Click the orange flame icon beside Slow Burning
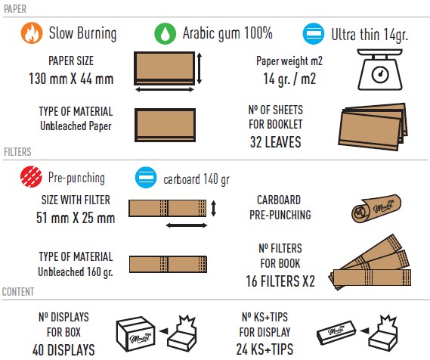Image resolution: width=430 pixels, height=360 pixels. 32,33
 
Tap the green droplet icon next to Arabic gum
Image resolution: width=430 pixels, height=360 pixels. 165,33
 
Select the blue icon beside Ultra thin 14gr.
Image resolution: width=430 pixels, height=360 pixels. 314,34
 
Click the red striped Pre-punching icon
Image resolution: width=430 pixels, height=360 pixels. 31,177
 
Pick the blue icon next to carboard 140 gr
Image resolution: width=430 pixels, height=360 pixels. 146,177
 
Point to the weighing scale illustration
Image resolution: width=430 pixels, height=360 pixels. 380,70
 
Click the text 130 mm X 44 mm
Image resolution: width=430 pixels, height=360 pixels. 71,79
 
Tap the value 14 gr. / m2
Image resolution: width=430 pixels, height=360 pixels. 289,79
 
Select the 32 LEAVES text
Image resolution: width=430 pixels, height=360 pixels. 276,142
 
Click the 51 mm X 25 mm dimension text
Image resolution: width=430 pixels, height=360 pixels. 76,218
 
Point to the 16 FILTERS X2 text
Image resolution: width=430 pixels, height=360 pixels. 280,281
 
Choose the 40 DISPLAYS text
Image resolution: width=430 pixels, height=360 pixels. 63,350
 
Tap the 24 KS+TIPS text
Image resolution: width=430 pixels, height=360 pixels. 265,349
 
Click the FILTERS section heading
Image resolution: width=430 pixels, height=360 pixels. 17,152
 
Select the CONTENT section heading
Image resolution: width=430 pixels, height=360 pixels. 18,292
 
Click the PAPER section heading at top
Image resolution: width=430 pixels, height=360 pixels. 15,9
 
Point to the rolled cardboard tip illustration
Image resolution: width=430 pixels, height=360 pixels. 376,209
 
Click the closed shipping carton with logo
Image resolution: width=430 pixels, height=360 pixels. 135,334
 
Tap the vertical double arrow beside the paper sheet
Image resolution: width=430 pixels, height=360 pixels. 200,68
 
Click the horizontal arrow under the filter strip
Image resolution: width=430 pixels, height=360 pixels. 187,225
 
